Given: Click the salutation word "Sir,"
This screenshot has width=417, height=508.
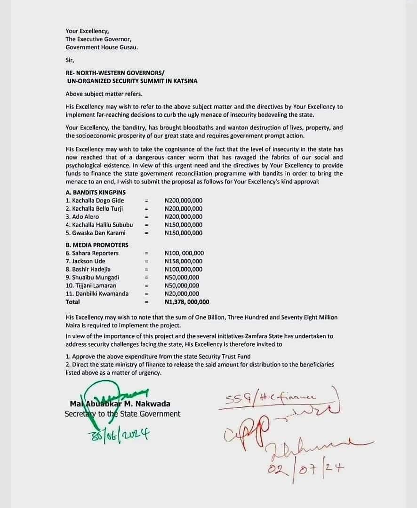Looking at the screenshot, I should pos(70,60).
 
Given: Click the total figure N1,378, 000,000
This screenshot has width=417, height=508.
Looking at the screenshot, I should pos(187,302).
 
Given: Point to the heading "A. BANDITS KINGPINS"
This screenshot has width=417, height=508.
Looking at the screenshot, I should pos(96,192).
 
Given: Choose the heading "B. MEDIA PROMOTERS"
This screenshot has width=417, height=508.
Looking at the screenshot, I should pos(97,245).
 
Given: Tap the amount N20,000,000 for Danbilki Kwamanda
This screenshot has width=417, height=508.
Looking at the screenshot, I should pos(182,294).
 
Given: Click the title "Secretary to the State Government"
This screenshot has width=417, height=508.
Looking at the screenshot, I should pos(122,414).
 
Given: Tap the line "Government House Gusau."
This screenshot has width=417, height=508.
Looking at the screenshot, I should pos(102,48).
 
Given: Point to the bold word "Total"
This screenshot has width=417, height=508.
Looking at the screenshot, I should pos(73,302).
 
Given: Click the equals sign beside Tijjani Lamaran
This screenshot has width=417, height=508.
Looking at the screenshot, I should pos(146,286).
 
